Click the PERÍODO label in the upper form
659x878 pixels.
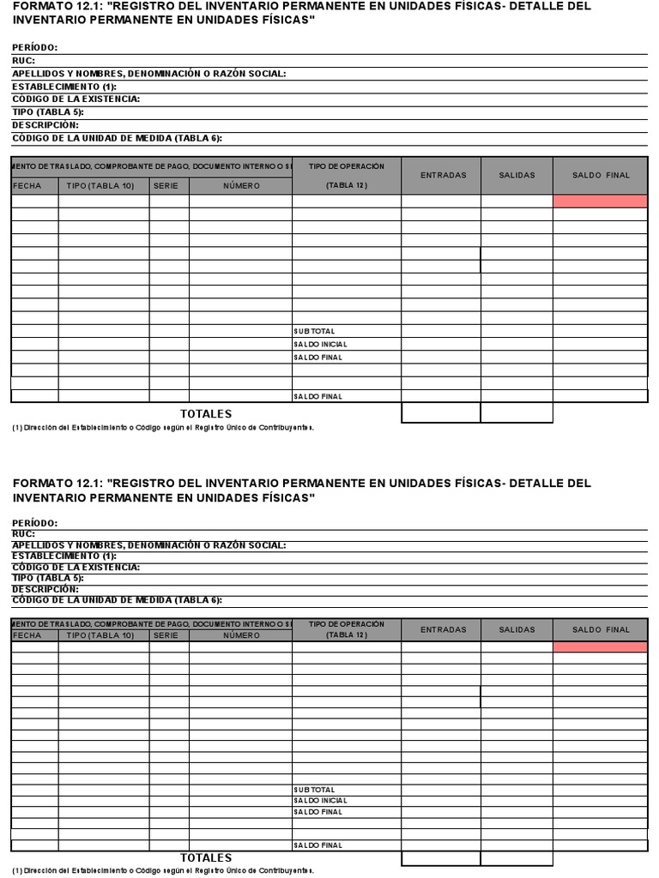[35, 48]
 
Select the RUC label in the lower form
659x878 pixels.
[23, 533]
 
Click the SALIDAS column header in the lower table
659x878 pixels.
[517, 629]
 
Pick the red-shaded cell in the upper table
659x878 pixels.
[600, 201]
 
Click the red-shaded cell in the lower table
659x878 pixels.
[600, 647]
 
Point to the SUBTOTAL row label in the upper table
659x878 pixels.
[315, 331]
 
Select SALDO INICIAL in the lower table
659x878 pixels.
[320, 801]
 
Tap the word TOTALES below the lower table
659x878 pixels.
[206, 857]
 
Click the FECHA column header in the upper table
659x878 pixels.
[27, 186]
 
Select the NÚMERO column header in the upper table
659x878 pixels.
[241, 186]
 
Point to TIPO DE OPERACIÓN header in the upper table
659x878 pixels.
[347, 165]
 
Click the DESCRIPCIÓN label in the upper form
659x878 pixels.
[45, 124]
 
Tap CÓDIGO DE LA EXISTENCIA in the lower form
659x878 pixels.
[76, 567]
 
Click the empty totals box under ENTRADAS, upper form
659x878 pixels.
[440, 413]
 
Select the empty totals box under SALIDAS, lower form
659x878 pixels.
[517, 857]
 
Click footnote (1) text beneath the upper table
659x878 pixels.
[163, 427]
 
